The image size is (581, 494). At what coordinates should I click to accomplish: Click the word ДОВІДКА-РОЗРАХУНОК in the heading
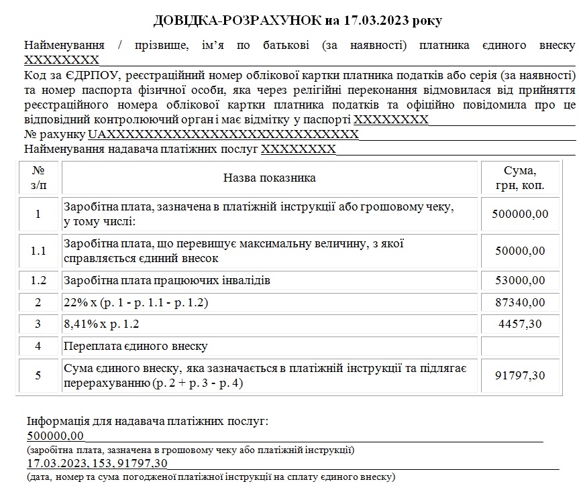(x=237, y=20)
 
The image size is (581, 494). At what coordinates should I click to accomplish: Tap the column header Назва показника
(x=269, y=178)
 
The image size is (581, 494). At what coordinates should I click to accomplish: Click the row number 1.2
(x=38, y=280)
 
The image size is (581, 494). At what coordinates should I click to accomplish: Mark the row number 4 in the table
(x=38, y=346)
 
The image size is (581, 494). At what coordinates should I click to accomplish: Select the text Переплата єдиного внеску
(x=136, y=347)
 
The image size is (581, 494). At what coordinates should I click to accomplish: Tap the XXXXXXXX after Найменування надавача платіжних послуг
(x=299, y=149)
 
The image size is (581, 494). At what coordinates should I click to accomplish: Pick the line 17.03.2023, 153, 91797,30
(x=97, y=463)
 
